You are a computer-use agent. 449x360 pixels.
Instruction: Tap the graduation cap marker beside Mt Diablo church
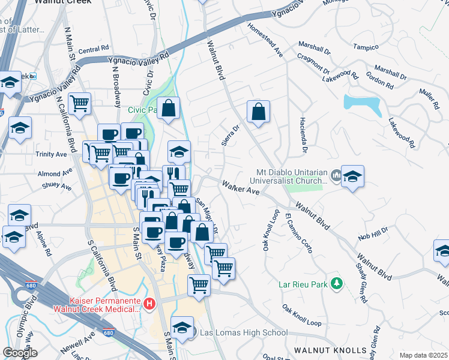pyautogui.click(x=353, y=176)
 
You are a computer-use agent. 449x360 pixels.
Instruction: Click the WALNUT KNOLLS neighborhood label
pyautogui.click(x=330, y=350)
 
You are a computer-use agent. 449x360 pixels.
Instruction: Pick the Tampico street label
pyautogui.click(x=366, y=47)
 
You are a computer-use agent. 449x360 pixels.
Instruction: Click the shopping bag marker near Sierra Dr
pyautogui.click(x=258, y=112)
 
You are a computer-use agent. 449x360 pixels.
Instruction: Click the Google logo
pyautogui.click(x=20, y=353)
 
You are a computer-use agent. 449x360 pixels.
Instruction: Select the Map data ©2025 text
pyautogui.click(x=423, y=355)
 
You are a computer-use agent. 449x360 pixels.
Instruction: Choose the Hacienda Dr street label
pyautogui.click(x=304, y=134)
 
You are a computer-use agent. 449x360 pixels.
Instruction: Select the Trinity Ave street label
pyautogui.click(x=52, y=154)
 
